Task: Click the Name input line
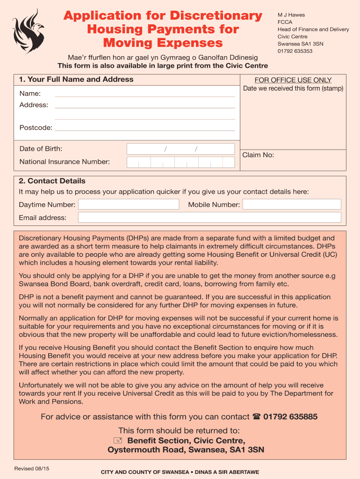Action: point(145,94)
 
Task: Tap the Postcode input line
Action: point(145,127)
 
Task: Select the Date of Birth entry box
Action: point(180,149)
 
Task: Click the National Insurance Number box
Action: point(180,162)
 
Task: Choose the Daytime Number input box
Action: point(129,204)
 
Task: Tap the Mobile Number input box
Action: point(292,204)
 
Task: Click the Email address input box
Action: point(209,217)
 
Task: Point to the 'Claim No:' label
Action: point(258,155)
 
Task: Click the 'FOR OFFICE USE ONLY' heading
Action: point(293,80)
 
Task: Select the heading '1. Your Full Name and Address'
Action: point(76,80)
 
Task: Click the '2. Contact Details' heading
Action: point(52,181)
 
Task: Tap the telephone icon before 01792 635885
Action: point(256,417)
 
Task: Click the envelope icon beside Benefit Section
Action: point(118,440)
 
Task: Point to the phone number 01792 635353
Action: point(295,51)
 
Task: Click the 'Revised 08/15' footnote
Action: point(32,468)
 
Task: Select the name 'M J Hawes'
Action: point(291,15)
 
